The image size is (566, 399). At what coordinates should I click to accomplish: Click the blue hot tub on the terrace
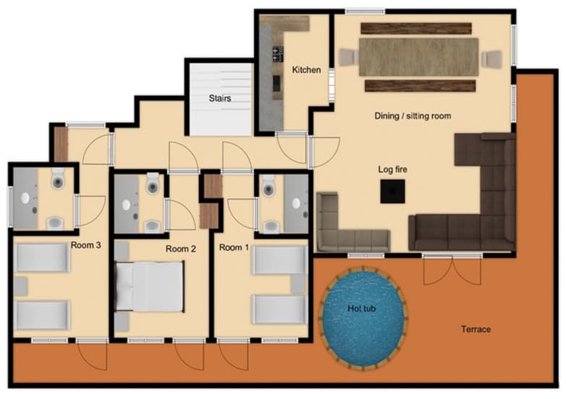pyautogui.click(x=363, y=316)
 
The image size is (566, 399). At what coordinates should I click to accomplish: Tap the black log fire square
pyautogui.click(x=393, y=192)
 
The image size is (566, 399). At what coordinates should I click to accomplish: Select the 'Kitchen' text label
pyautogui.click(x=306, y=70)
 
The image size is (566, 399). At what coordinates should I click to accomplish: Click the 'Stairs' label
pyautogui.click(x=219, y=98)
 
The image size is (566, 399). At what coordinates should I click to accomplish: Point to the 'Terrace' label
pyautogui.click(x=476, y=330)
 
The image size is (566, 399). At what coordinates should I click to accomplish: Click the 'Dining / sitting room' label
pyautogui.click(x=412, y=116)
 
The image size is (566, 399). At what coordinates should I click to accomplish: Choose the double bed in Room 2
pyautogui.click(x=151, y=286)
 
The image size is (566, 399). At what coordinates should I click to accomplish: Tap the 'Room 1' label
pyautogui.click(x=231, y=248)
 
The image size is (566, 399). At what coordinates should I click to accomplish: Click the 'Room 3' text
pyautogui.click(x=85, y=245)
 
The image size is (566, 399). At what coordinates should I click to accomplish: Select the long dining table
pyautogui.click(x=419, y=57)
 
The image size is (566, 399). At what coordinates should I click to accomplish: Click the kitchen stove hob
pyautogui.click(x=276, y=53)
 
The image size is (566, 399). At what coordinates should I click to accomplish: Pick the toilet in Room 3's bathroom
pyautogui.click(x=58, y=179)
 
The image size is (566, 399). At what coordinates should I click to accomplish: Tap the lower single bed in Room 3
pyautogui.click(x=43, y=314)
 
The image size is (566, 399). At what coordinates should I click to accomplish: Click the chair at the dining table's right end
pyautogui.click(x=492, y=58)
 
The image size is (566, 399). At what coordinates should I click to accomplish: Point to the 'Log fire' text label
pyautogui.click(x=393, y=169)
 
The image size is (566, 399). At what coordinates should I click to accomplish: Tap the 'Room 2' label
pyautogui.click(x=181, y=249)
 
